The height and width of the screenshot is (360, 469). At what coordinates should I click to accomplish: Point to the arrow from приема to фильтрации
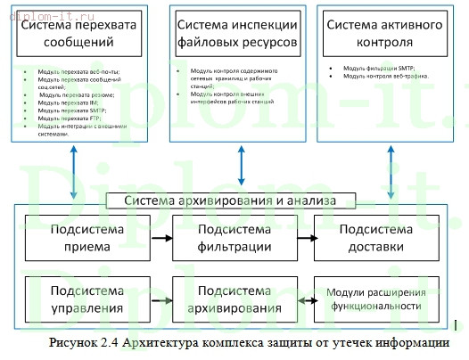(x=160, y=238)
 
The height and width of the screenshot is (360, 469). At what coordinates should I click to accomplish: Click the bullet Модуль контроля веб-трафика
(x=387, y=76)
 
